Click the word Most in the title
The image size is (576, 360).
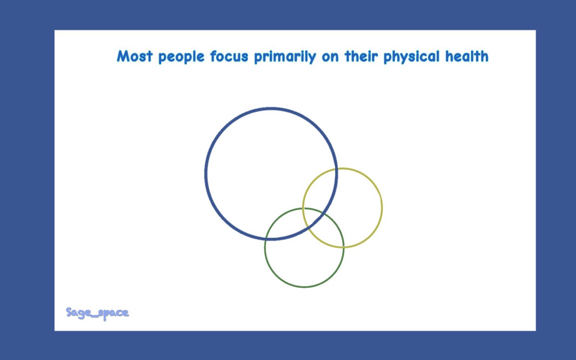(135, 56)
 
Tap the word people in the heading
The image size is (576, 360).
(181, 57)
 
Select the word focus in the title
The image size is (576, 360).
(229, 56)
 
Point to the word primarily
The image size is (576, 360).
(285, 57)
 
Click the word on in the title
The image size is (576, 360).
(330, 57)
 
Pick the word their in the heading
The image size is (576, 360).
(361, 56)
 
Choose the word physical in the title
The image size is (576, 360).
(411, 57)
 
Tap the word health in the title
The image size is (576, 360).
(467, 56)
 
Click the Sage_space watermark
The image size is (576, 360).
(97, 313)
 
